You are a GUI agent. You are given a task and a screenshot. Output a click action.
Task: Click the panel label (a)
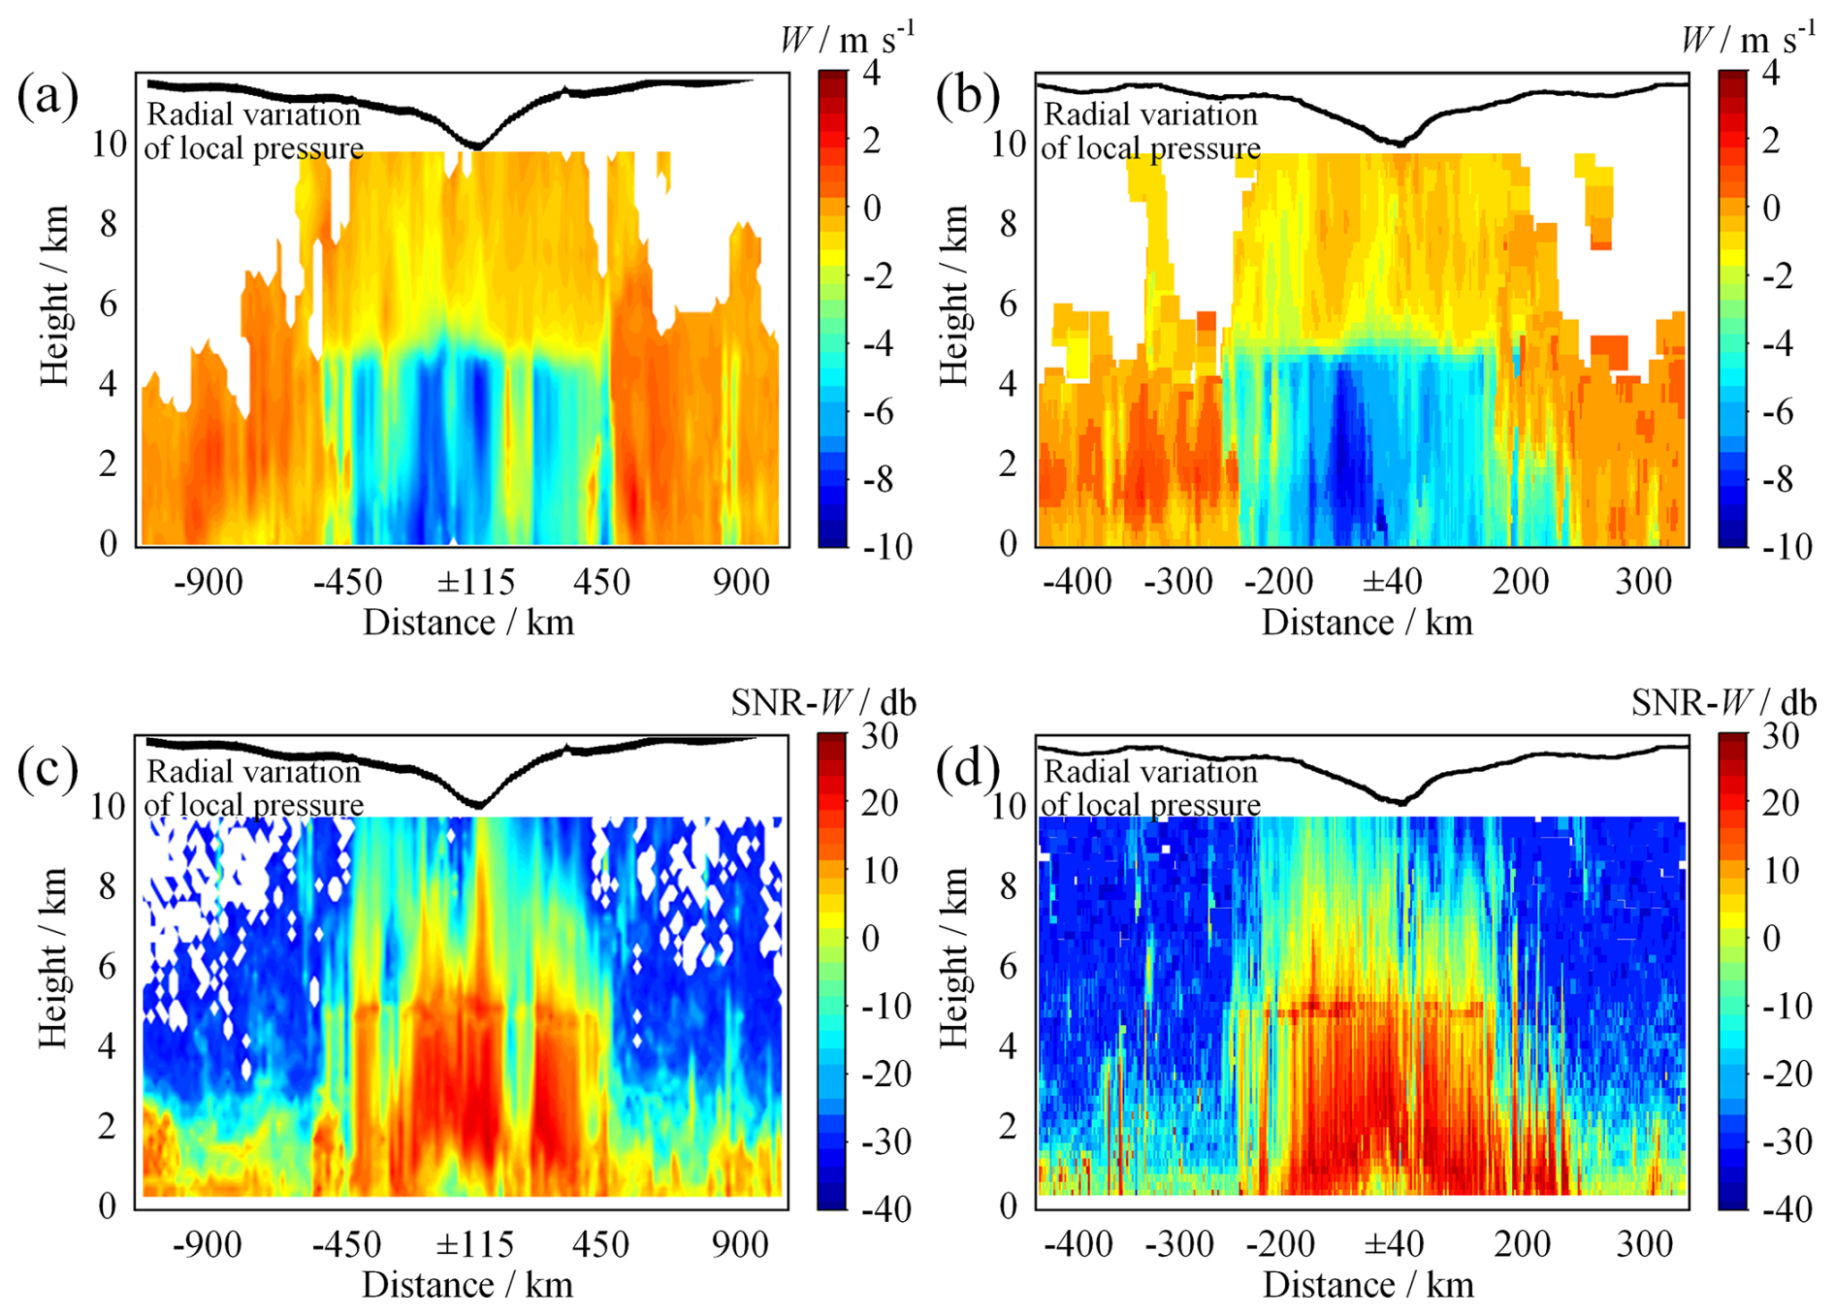pyautogui.click(x=48, y=97)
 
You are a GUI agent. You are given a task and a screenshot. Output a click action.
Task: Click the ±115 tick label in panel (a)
pyautogui.click(x=475, y=582)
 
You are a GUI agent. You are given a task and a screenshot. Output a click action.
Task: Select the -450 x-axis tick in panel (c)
pyautogui.click(x=346, y=1244)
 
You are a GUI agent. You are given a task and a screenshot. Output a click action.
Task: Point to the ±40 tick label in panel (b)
pyautogui.click(x=1392, y=582)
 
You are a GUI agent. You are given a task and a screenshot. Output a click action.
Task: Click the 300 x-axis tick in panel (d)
pyautogui.click(x=1644, y=1244)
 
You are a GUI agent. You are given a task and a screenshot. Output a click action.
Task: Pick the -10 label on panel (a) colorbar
pyautogui.click(x=887, y=547)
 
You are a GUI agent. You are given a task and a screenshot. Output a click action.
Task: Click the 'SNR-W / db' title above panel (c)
pyautogui.click(x=822, y=702)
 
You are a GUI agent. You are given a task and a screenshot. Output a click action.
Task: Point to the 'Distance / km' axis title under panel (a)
pyautogui.click(x=468, y=623)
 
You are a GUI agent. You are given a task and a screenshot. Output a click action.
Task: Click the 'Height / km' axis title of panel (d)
pyautogui.click(x=954, y=958)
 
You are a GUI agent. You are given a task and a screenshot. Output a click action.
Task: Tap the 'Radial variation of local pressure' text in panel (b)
pyautogui.click(x=1150, y=131)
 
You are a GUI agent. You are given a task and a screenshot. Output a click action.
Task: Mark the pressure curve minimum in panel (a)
pyautogui.click(x=476, y=145)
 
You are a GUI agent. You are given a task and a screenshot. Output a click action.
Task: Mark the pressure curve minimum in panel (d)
pyautogui.click(x=1400, y=802)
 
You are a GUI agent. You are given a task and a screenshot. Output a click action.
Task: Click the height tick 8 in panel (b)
pyautogui.click(x=1008, y=224)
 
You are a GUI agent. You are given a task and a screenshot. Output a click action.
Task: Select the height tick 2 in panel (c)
pyautogui.click(x=107, y=1126)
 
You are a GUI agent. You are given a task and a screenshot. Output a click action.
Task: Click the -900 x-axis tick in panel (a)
pyautogui.click(x=209, y=582)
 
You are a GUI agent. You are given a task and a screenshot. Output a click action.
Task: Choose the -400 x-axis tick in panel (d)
pyautogui.click(x=1078, y=1244)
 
